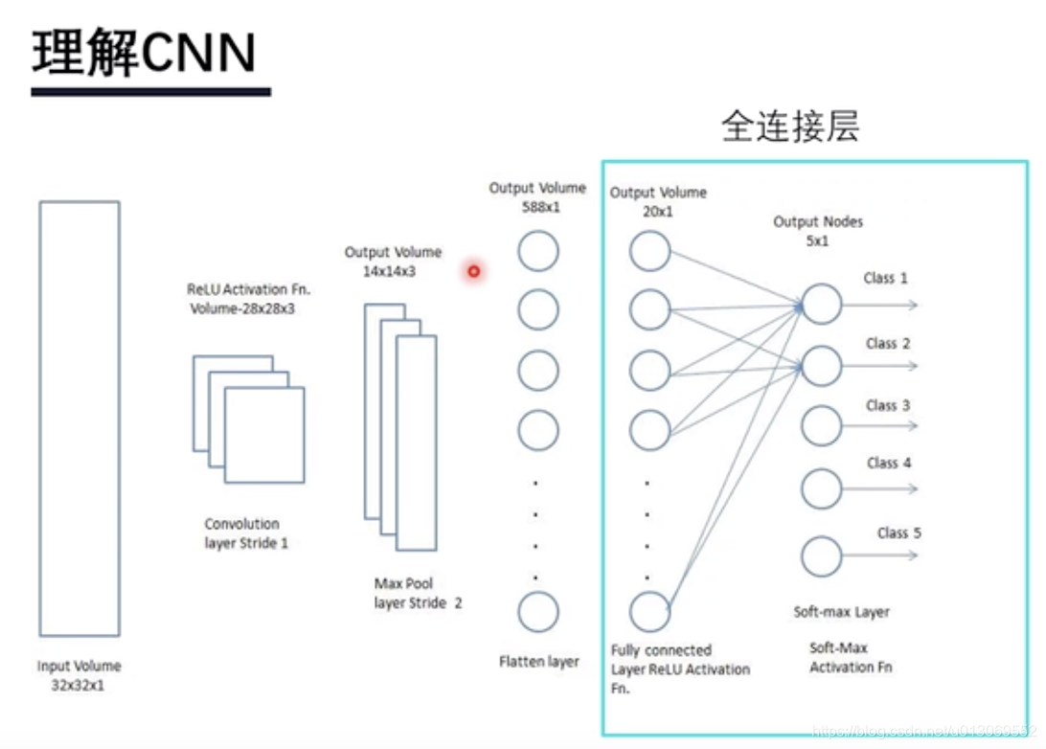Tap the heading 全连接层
[x=789, y=126]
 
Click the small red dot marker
[x=473, y=272]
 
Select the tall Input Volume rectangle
[x=80, y=419]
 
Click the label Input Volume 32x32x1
[x=80, y=674]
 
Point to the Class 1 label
[x=885, y=279]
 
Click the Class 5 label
[x=898, y=533]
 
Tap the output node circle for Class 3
[x=821, y=425]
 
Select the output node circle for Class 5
[x=821, y=556]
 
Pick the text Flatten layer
[x=539, y=662]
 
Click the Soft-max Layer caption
[x=841, y=612]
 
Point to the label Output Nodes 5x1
[x=818, y=231]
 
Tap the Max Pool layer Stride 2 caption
[x=419, y=593]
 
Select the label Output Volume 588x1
[x=537, y=197]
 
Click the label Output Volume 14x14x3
[x=394, y=261]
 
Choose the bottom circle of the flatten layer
[x=538, y=611]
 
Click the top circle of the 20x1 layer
[x=649, y=252]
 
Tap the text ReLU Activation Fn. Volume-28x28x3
[x=249, y=298]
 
